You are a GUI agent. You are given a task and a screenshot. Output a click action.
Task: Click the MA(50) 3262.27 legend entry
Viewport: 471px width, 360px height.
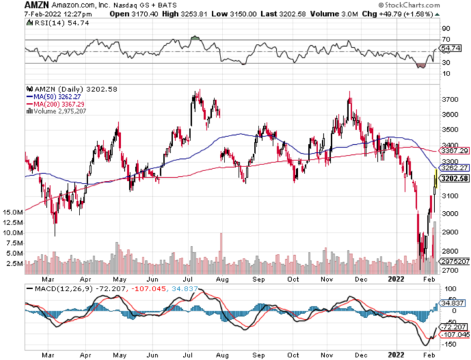point(58,96)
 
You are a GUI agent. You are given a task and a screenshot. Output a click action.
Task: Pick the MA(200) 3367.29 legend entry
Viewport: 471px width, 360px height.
point(60,104)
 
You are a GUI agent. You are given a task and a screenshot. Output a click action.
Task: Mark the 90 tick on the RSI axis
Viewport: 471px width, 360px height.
point(446,29)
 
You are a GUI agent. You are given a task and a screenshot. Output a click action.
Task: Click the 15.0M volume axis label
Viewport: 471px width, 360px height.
point(13,212)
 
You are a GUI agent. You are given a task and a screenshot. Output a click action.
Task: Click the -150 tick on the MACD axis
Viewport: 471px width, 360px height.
point(449,344)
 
